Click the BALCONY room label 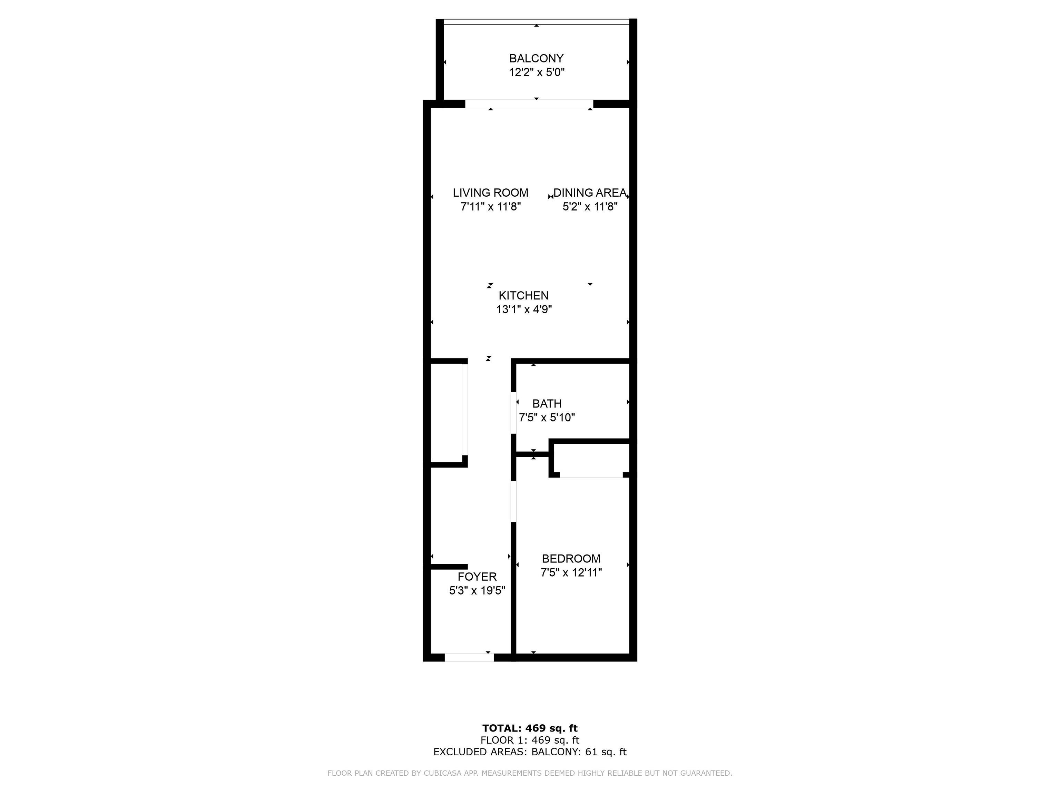536,58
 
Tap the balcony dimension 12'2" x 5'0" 537,72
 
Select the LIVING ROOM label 491,193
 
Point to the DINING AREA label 590,193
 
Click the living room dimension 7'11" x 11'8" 491,207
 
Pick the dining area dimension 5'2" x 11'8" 590,207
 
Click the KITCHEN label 524,296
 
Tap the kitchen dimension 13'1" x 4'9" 524,310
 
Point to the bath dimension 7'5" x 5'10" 547,418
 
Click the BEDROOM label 571,558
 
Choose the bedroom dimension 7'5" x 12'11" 571,572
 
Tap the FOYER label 477,577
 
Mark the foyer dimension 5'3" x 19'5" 477,590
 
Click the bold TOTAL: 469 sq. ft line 530,728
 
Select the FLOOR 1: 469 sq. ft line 530,740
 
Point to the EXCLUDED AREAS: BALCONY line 530,752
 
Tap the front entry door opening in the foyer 469,657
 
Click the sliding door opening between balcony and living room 529,104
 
